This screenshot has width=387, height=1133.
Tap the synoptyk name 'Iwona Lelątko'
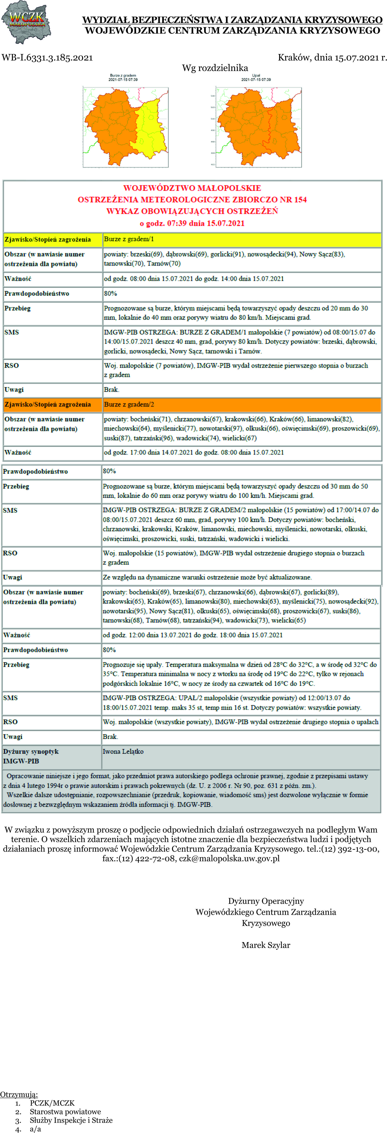pos(123,751)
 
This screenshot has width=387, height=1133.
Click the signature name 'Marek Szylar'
pos(266,945)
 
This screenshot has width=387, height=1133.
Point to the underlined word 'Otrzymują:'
pos(19,1094)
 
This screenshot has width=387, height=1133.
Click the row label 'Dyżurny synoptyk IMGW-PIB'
pos(31,756)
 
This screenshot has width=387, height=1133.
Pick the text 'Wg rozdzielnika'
pos(215,68)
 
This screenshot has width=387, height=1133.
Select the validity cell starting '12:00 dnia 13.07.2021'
pos(193,635)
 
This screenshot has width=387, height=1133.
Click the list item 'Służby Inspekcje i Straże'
pos(71,1120)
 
